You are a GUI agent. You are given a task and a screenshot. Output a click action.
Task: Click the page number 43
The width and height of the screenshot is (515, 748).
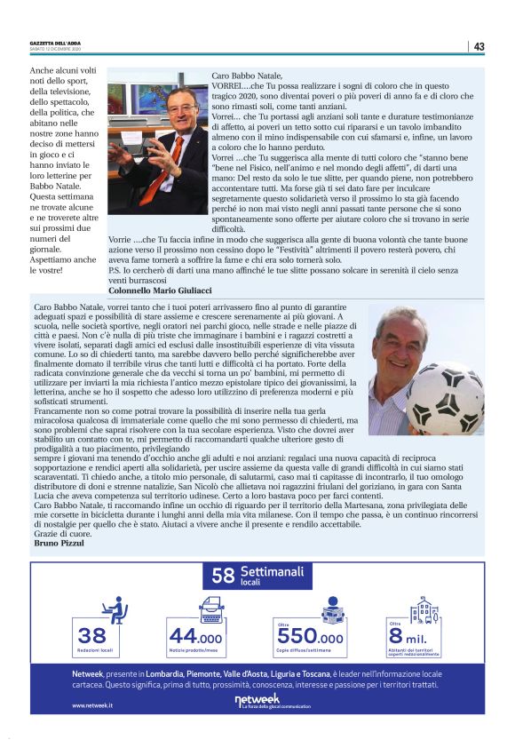479,46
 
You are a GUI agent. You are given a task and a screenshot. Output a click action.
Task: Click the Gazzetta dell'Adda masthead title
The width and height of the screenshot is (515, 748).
56,43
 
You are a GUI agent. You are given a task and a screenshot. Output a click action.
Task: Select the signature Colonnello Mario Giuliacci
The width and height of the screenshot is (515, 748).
160,290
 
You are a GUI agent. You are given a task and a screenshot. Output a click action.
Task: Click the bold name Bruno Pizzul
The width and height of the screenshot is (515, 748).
58,543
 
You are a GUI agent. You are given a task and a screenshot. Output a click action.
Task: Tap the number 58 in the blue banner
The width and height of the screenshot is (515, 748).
223,576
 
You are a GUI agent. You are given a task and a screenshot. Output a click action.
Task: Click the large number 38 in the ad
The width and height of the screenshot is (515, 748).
91,635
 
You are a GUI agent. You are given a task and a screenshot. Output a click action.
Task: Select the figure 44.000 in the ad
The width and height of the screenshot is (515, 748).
195,636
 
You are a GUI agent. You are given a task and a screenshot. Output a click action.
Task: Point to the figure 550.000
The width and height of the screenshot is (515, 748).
310,637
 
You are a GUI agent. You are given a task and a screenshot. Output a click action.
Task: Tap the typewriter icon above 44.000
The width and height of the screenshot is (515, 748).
212,609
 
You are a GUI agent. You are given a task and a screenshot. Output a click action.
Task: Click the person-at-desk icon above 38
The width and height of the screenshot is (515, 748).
114,609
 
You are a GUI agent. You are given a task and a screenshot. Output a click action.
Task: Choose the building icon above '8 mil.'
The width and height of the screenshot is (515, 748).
424,609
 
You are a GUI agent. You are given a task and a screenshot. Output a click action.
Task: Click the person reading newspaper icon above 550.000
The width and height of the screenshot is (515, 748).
331,609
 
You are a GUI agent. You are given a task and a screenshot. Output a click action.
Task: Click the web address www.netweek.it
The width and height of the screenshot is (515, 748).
92,705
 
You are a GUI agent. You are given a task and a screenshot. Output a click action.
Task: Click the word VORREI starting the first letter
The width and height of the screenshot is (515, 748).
228,87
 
